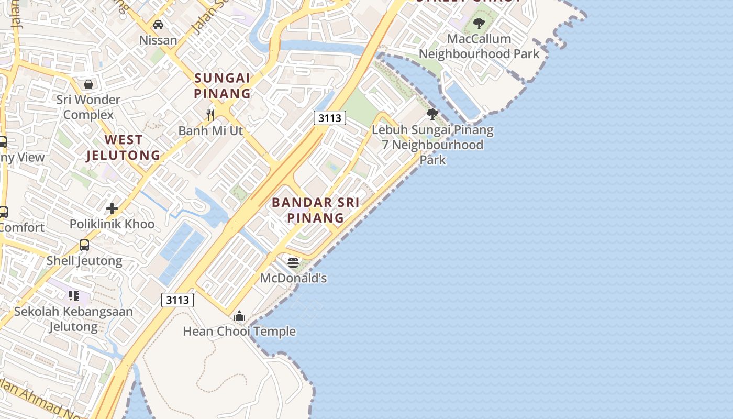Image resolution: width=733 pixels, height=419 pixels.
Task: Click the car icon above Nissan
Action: point(158,25)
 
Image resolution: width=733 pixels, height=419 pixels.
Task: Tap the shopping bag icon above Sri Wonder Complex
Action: point(88,84)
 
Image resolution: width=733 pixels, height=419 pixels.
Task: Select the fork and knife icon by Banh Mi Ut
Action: point(210,115)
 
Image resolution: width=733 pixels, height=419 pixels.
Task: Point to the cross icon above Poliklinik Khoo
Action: point(112,208)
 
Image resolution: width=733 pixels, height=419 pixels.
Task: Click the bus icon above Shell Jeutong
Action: point(84,245)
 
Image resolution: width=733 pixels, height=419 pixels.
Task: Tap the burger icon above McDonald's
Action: point(293,262)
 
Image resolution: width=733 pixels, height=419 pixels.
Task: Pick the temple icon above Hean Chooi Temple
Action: point(239,316)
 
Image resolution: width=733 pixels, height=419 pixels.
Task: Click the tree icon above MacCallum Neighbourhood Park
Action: point(479,24)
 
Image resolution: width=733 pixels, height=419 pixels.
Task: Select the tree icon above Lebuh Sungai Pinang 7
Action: point(432,114)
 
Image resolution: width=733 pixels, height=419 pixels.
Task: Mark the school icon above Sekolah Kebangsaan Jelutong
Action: point(74,296)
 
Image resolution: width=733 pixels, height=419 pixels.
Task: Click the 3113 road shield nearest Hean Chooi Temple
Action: point(177,300)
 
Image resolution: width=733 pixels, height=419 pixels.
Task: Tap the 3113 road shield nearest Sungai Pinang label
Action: point(330,118)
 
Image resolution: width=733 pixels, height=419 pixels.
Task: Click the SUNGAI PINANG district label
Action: point(223,86)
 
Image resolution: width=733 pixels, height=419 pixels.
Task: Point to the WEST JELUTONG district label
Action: point(123,148)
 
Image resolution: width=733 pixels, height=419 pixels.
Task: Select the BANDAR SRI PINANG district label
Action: point(316,210)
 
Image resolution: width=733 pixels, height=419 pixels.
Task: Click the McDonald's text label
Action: point(293,278)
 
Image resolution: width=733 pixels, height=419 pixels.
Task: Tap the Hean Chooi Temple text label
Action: point(239,332)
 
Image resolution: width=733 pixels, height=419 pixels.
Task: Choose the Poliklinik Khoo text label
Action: point(112,224)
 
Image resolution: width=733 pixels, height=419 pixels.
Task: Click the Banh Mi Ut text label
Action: point(210,130)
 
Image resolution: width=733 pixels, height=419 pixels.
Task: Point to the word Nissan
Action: point(158,40)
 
